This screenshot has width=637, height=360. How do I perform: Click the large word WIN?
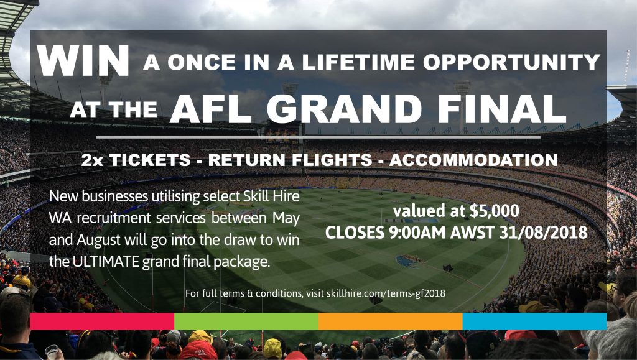tap(83, 60)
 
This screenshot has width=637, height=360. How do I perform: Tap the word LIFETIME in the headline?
tap(358, 63)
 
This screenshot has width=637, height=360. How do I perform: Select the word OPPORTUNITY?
tap(511, 63)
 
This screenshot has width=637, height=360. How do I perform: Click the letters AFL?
tap(211, 109)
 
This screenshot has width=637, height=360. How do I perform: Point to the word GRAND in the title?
tap(345, 109)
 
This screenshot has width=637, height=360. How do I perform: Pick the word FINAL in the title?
tap(502, 109)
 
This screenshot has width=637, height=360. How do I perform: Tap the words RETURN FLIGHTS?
tap(291, 160)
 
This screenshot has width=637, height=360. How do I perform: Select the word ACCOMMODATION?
tap(473, 160)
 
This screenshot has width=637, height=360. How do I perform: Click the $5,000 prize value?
tap(494, 211)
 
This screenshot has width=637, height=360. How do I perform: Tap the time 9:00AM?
tap(416, 233)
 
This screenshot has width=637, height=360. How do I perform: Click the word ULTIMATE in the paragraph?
tap(106, 262)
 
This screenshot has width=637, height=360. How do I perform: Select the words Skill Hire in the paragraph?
tap(271, 196)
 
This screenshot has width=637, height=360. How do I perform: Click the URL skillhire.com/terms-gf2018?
tap(386, 293)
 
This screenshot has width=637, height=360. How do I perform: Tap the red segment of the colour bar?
tap(103, 321)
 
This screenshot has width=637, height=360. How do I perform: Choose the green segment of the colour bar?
tap(246, 321)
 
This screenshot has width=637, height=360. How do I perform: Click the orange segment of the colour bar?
tap(391, 321)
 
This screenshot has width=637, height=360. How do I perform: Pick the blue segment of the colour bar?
tap(534, 321)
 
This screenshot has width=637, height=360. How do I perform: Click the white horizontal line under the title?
tap(318, 137)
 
